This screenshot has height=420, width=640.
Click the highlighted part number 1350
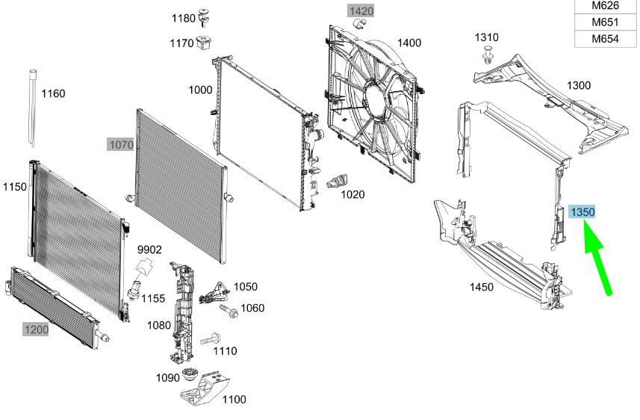582,212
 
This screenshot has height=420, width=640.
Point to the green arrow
597,256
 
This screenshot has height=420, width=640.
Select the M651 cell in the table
606,22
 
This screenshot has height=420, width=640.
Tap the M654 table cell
606,39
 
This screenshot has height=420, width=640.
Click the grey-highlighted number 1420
361,11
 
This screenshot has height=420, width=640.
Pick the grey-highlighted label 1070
121,145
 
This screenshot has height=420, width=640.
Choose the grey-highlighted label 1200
36,330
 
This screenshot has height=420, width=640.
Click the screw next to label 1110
211,339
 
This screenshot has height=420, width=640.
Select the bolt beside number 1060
229,312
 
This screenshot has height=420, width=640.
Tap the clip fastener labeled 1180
203,17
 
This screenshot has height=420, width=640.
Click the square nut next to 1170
203,43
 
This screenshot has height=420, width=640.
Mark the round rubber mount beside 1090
188,374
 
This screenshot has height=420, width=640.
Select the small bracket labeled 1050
214,292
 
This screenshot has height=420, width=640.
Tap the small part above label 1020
338,181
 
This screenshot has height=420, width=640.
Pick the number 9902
149,250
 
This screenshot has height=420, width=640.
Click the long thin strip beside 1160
32,108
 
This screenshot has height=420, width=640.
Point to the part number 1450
481,287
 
